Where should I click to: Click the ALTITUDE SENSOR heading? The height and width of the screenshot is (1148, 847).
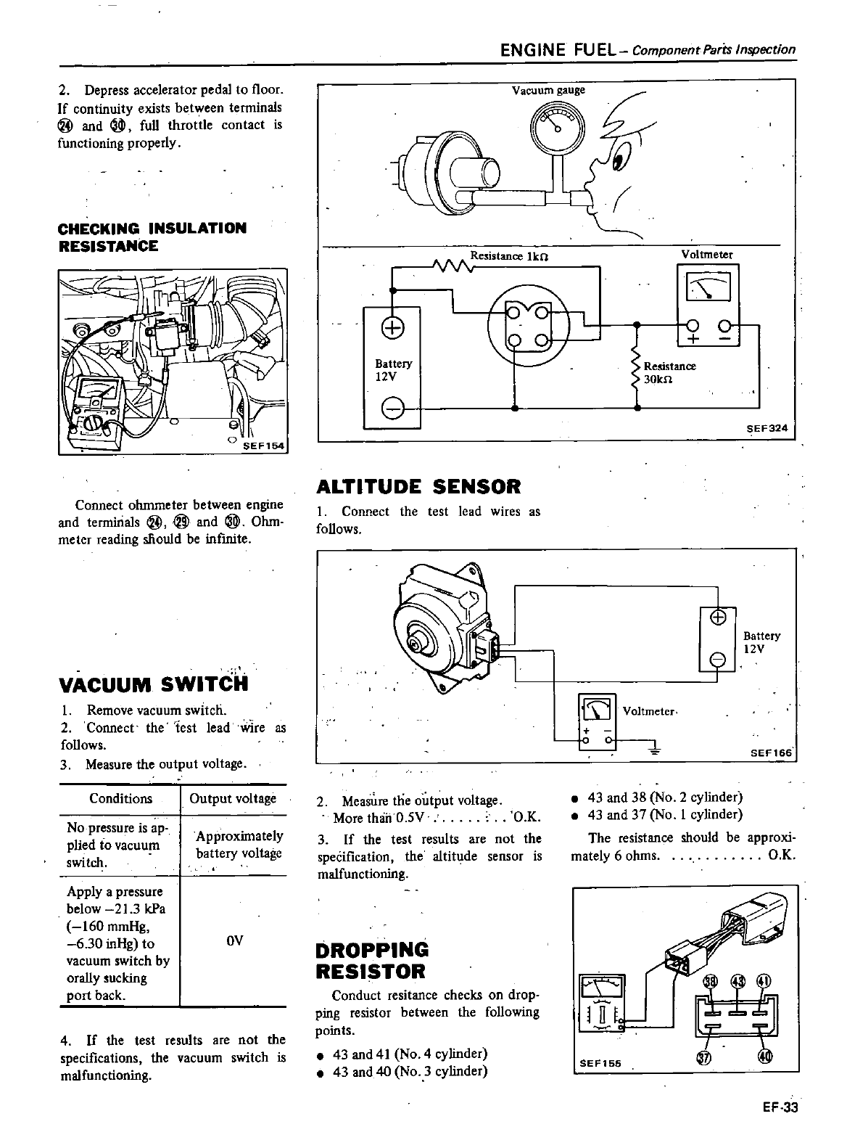pyautogui.click(x=418, y=486)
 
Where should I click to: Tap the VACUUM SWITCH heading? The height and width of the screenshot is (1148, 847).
pyautogui.click(x=154, y=684)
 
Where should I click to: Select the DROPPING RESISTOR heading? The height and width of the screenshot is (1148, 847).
pyautogui.click(x=372, y=961)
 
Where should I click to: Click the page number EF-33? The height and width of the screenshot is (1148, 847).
pyautogui.click(x=780, y=1107)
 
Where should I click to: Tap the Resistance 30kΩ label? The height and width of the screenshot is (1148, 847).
pyautogui.click(x=669, y=373)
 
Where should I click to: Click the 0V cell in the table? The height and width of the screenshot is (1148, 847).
pyautogui.click(x=234, y=940)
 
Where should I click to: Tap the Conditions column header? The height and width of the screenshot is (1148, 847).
pyautogui.click(x=120, y=799)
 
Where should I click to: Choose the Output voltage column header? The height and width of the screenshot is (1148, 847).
pyautogui.click(x=233, y=799)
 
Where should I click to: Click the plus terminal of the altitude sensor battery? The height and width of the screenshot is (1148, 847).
pyautogui.click(x=717, y=618)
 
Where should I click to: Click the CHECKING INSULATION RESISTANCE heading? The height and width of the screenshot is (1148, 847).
pyautogui.click(x=152, y=237)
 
